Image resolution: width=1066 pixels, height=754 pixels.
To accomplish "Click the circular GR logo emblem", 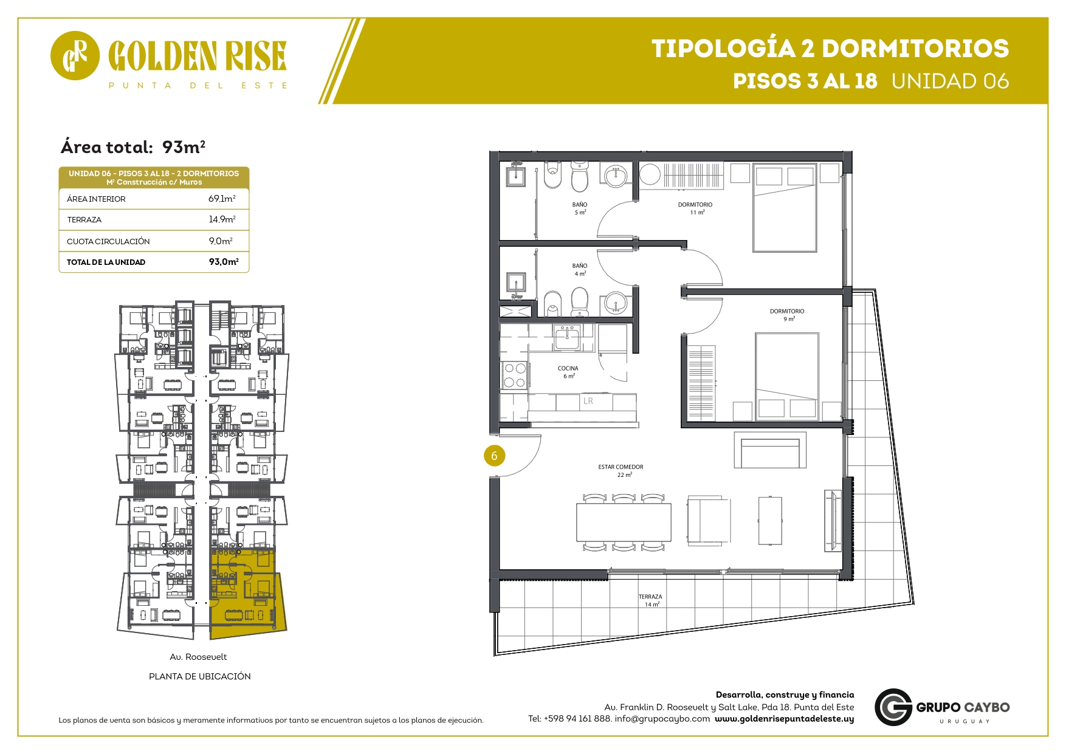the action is click(75, 55).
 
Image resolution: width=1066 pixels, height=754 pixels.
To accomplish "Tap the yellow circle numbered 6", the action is click(494, 456).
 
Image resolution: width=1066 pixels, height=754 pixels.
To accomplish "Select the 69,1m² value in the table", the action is click(222, 199).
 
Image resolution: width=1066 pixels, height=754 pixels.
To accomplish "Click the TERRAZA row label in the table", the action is click(84, 220).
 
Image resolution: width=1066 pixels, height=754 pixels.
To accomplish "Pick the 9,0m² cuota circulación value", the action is click(221, 241).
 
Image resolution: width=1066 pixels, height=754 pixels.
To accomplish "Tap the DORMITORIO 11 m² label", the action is click(695, 208).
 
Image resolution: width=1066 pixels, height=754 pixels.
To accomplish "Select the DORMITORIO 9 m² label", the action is click(787, 315).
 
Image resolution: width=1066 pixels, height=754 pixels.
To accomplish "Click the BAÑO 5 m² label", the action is click(580, 208).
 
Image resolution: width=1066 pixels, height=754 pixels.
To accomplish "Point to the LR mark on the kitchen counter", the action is click(588, 401).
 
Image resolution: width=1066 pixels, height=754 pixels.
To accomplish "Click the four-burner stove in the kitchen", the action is click(515, 375).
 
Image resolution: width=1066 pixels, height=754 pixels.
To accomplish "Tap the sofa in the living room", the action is click(770, 450).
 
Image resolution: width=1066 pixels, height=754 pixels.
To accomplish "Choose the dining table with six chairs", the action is click(624, 523).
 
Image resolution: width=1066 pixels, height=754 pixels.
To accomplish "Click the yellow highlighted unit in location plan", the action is click(246, 592).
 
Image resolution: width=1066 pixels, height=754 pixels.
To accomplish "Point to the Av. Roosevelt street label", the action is click(198, 657).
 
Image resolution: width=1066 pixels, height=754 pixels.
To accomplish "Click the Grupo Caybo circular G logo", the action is click(893, 707).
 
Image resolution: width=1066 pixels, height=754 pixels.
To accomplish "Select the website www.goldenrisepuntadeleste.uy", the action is click(784, 719).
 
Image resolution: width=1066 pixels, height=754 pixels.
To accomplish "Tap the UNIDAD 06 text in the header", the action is click(950, 81).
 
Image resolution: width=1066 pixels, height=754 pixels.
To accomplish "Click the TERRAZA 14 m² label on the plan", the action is click(650, 600).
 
